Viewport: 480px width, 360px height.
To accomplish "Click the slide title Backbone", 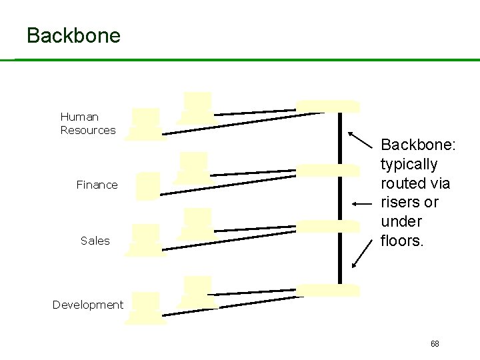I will point(73,35).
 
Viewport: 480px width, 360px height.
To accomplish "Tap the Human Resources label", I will point(88,123).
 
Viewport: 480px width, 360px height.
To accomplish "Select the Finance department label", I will point(97,185).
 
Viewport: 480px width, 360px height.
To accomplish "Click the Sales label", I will point(95,241).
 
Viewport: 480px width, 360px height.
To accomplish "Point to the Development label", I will point(88,305).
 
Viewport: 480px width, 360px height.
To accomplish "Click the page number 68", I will point(435,344).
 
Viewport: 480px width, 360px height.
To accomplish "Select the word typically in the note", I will point(409,164).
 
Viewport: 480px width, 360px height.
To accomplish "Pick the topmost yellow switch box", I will point(327,106).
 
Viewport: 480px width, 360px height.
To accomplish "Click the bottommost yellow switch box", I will point(327,290).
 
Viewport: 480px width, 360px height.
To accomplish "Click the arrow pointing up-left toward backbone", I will point(360,141).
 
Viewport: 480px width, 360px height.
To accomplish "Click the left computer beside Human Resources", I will point(146,124).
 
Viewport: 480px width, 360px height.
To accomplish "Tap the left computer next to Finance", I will point(149,187).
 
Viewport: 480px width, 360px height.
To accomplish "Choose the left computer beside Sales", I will point(146,241).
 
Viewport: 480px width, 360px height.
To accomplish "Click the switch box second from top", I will point(327,169).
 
